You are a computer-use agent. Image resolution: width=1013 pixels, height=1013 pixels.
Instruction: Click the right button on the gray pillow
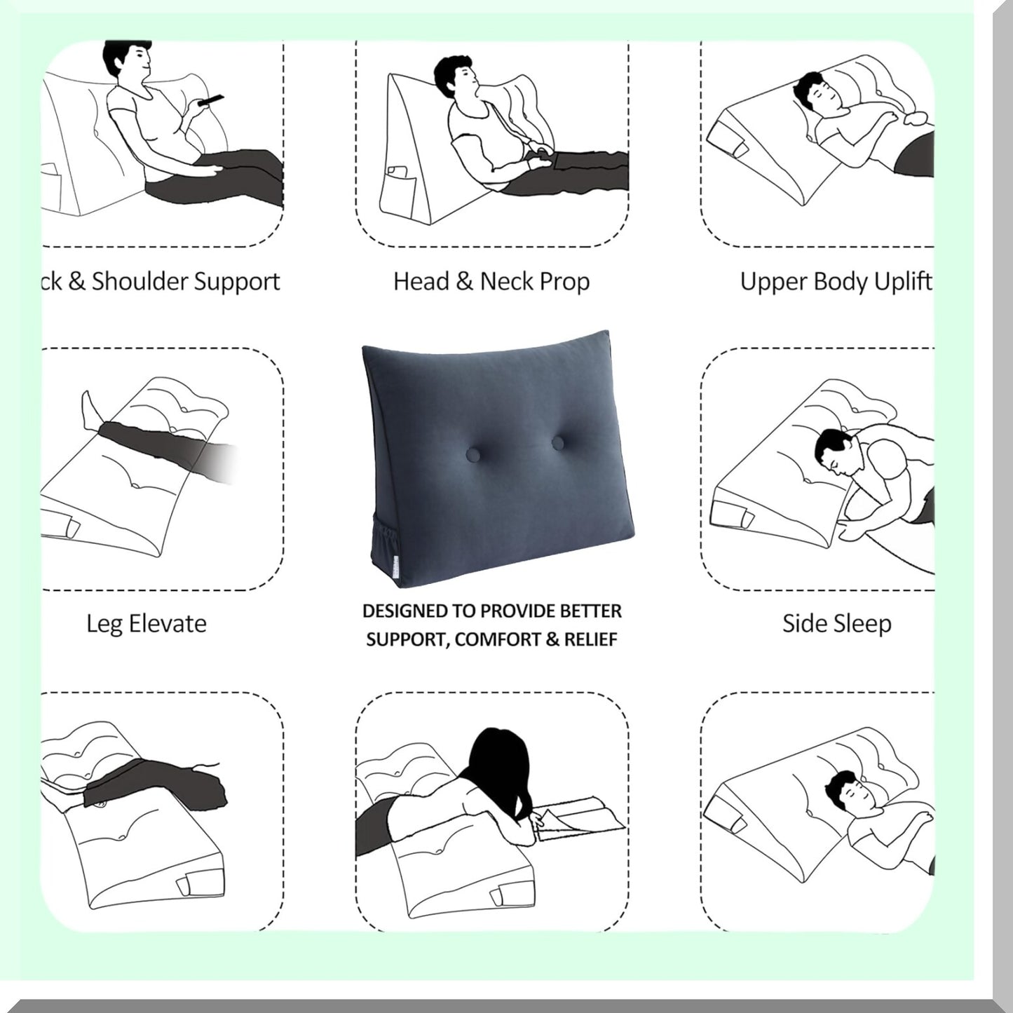click(558, 443)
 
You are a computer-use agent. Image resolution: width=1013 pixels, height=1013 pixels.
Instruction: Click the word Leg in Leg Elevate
click(103, 624)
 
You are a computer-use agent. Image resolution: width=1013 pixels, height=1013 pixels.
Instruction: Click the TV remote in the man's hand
click(210, 99)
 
